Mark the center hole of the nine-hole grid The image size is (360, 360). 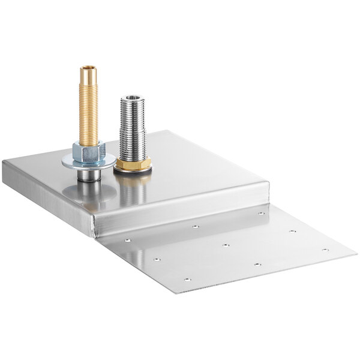pos(225,245)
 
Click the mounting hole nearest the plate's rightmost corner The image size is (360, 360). pos(325,250)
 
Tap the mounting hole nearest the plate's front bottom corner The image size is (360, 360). pos(186,280)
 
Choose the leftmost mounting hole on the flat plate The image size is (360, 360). pos(127,239)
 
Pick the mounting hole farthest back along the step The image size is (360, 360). pos(261,213)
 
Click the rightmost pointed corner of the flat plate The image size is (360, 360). pos(356,253)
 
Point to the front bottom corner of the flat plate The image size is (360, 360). pos(178,293)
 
